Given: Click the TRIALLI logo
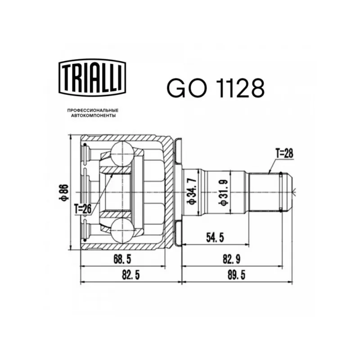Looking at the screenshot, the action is point(93,77).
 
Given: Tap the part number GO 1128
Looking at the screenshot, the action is point(216,88).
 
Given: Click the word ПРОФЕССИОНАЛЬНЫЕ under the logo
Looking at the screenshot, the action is point(93,110).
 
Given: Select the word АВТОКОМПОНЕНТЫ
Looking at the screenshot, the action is point(93,116).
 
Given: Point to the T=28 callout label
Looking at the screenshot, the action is point(284,153).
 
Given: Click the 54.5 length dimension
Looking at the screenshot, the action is point(215,238).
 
